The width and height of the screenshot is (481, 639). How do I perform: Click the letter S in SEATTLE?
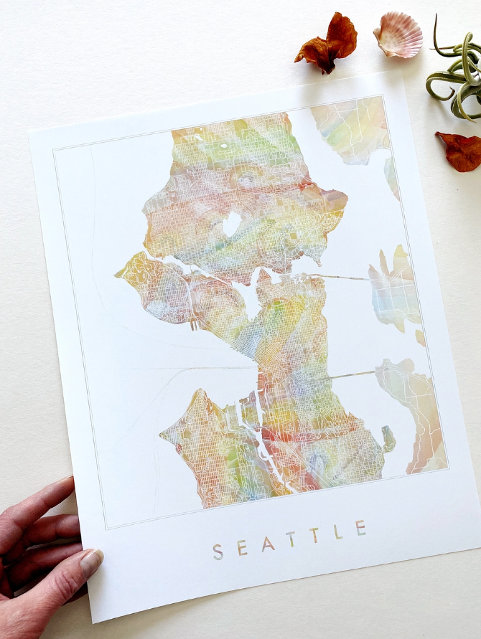218,552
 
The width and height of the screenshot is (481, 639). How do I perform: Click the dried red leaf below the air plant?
460,150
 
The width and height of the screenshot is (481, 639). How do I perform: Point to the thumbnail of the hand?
91,562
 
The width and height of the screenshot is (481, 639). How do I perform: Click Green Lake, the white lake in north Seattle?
232,224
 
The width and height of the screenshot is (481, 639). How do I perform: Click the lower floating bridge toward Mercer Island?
352,374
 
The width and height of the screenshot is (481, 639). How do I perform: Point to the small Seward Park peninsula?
389,437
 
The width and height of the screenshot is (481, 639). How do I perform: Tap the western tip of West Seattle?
164,435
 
